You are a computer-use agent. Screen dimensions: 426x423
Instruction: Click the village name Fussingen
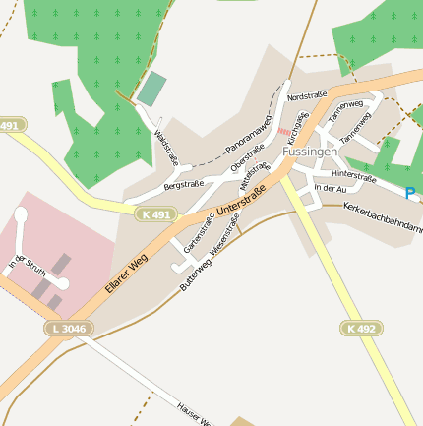coord(310,152)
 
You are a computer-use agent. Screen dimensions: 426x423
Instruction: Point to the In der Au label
coord(330,188)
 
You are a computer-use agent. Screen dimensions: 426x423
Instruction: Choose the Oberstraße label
coord(247,157)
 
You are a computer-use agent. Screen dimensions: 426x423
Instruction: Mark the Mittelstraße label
coord(252,178)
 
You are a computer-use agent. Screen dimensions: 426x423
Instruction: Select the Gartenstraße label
coord(199,233)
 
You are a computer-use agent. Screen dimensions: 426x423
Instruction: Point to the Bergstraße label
coord(183,184)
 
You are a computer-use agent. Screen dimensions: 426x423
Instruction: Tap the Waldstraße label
coord(165,148)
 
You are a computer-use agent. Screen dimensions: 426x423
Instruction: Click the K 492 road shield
coord(361,328)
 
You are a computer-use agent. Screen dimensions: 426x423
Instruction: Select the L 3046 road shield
coord(66,328)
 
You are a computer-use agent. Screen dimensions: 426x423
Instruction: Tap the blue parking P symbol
coord(410,194)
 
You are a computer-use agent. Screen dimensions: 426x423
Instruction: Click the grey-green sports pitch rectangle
coord(151,89)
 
